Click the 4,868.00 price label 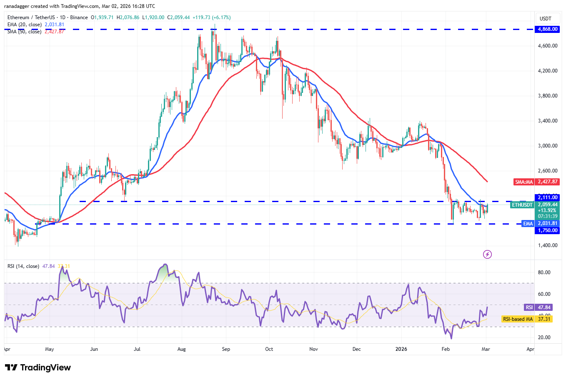pos(548,29)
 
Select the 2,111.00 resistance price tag pos(548,197)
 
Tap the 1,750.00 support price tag pos(548,230)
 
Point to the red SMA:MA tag pos(524,182)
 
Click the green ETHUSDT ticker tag pos(522,205)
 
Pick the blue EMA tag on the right pos(528,224)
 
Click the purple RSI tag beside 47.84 pos(529,307)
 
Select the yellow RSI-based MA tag pos(518,319)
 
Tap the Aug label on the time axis pos(181,349)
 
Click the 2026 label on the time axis pos(401,349)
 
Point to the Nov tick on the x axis pos(314,349)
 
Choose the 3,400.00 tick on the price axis pos(548,121)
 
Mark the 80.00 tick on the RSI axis pos(544,272)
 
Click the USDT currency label pos(546,18)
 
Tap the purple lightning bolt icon pos(487,254)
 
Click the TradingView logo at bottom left pos(38,367)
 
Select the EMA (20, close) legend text pos(25,25)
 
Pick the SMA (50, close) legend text pos(25,32)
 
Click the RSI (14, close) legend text pos(23,266)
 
